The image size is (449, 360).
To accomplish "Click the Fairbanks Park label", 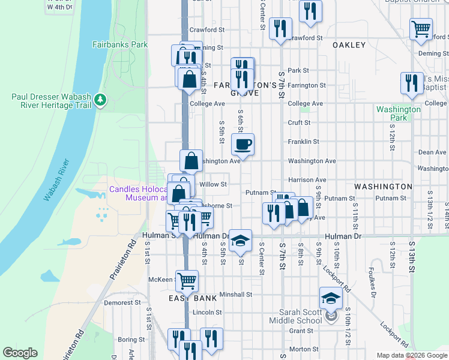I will pyautogui.click(x=119, y=44).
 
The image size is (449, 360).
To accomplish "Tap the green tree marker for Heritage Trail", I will pyautogui.click(x=101, y=99).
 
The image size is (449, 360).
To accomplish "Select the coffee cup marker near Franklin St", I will pyautogui.click(x=243, y=145).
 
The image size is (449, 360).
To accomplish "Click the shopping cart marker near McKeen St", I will pyautogui.click(x=187, y=280).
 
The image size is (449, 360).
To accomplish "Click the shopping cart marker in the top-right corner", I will pyautogui.click(x=421, y=28).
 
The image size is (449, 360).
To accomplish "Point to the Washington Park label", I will pyautogui.click(x=399, y=113).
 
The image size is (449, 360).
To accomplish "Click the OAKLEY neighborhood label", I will pyautogui.click(x=349, y=45).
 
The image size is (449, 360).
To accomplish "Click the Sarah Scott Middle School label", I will pyautogui.click(x=301, y=316).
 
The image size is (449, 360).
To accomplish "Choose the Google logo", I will pyautogui.click(x=20, y=353).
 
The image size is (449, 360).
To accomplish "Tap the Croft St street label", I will pyautogui.click(x=299, y=122).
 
